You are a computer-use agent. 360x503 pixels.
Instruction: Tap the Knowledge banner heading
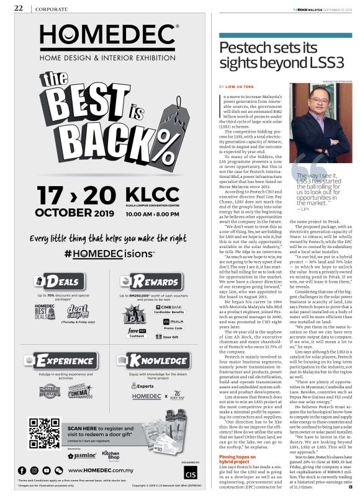coord(156,360)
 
